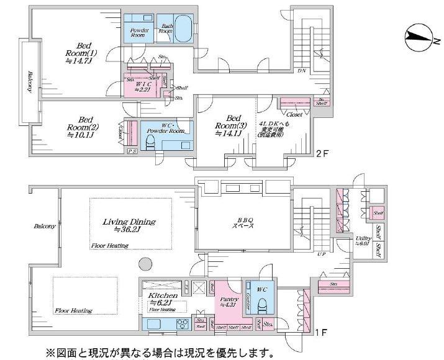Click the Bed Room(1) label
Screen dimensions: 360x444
click(x=82, y=53)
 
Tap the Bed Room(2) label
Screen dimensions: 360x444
click(x=85, y=128)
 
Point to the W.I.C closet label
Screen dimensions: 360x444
click(x=145, y=86)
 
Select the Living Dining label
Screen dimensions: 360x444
click(x=129, y=225)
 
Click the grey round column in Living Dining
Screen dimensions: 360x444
click(x=145, y=264)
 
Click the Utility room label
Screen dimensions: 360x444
click(x=363, y=241)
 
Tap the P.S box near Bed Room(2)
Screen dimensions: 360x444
click(x=132, y=151)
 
